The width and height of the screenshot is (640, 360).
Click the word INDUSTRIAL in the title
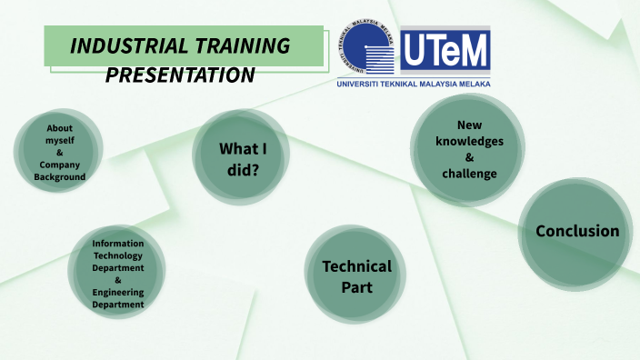129,45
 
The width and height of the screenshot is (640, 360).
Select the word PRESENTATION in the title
180,75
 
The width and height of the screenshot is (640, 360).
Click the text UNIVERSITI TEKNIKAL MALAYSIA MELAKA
413,84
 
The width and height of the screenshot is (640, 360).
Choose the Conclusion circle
577,231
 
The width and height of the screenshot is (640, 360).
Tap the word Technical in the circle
357,266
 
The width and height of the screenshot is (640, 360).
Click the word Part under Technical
357,287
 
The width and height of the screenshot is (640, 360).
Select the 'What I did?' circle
240,157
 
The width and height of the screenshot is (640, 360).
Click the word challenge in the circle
469,174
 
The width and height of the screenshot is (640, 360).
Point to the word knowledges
469,141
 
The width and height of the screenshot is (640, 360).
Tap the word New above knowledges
469,125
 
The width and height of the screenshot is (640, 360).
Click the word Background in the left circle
60,177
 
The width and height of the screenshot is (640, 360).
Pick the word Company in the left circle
60,165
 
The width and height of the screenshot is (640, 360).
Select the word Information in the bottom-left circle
118,244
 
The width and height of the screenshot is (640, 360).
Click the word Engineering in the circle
118,293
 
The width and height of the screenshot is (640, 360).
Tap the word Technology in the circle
118,256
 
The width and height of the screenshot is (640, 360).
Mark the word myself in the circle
60,141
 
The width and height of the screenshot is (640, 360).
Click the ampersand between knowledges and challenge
469,157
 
